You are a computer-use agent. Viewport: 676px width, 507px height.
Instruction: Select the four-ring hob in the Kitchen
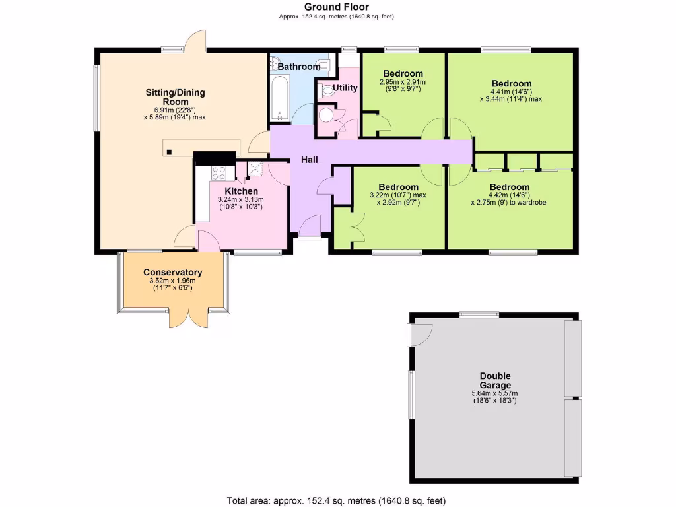tap(219, 173)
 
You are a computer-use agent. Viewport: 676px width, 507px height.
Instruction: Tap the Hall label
tap(310, 160)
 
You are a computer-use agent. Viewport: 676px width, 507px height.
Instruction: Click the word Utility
tap(345, 88)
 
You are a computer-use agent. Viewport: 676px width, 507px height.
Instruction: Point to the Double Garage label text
tap(495, 381)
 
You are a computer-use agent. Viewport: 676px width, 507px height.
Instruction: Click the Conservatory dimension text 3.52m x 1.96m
tap(172, 281)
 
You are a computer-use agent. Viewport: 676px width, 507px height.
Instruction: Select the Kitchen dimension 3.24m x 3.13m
tap(240, 199)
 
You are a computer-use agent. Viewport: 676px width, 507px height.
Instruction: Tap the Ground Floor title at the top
tap(337, 7)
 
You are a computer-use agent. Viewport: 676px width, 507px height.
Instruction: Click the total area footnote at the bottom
tap(341, 500)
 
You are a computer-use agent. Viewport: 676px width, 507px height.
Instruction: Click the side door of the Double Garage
tap(420, 335)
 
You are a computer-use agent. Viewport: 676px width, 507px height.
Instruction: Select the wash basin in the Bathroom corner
tap(275, 63)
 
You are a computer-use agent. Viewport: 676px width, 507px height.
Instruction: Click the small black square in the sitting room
tap(170, 152)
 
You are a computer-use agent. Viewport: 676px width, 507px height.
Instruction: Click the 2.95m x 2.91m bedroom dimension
tap(402, 82)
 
